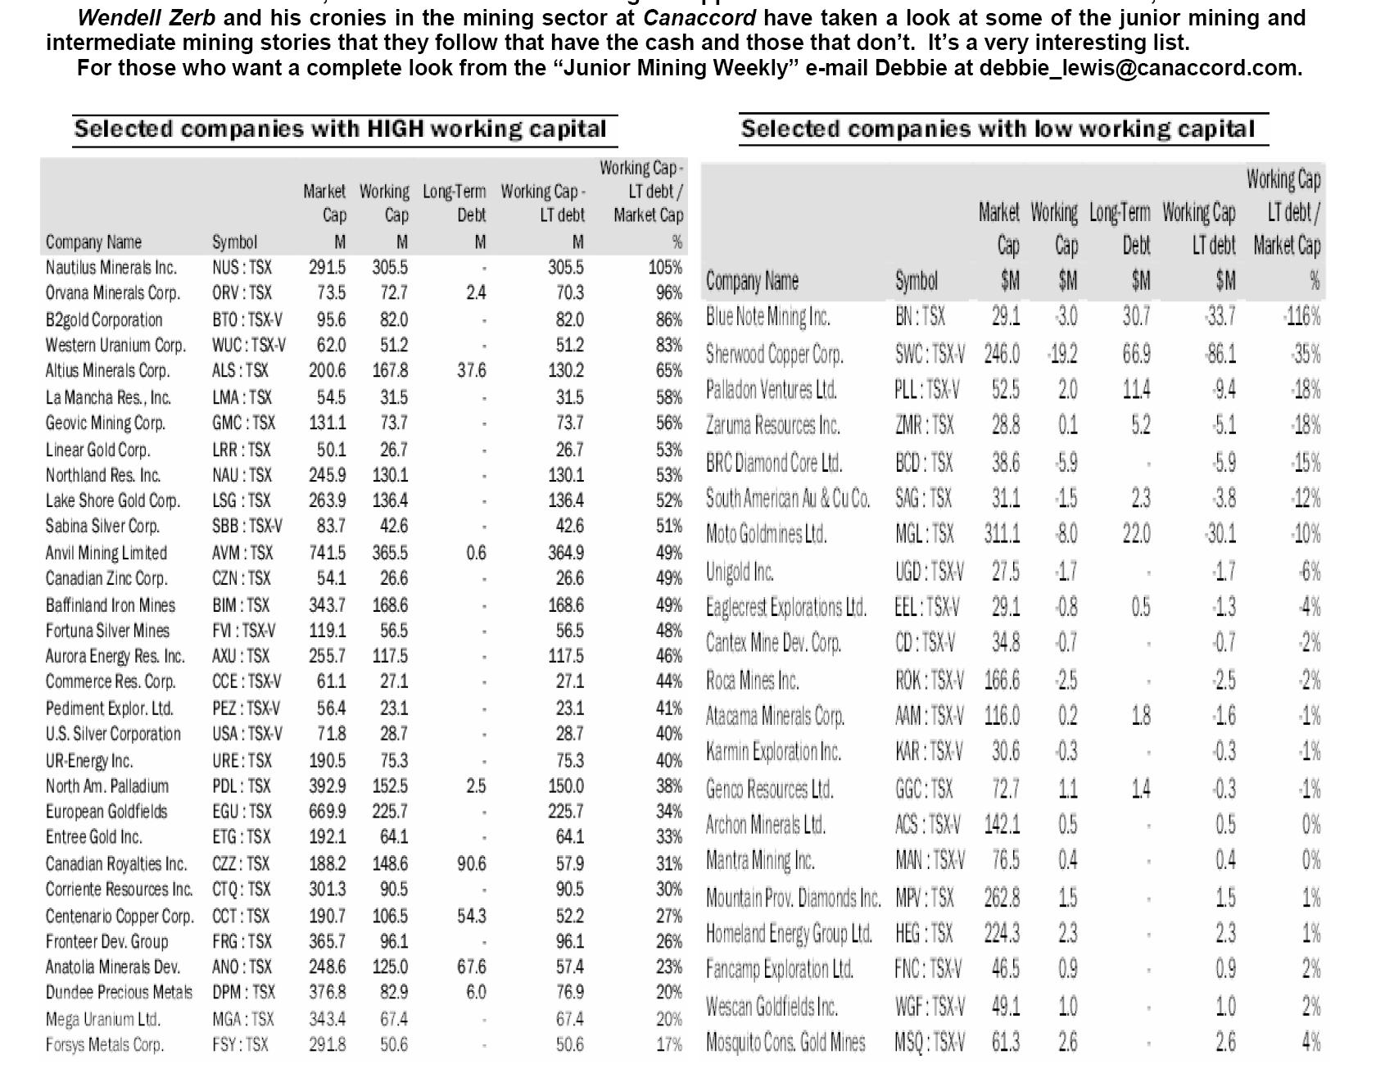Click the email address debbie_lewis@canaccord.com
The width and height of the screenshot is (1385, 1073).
pyautogui.click(x=1140, y=68)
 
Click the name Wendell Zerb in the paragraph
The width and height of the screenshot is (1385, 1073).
pyautogui.click(x=147, y=17)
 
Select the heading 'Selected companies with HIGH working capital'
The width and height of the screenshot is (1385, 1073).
pyautogui.click(x=340, y=129)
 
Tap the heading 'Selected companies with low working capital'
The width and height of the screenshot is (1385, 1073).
pyautogui.click(x=997, y=129)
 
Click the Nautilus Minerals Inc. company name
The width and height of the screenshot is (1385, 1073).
pyautogui.click(x=111, y=268)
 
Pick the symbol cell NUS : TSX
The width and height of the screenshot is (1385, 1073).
pyautogui.click(x=242, y=268)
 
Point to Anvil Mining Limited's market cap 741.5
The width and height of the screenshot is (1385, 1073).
pyautogui.click(x=327, y=553)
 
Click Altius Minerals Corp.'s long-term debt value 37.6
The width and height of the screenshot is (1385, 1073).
pyautogui.click(x=471, y=370)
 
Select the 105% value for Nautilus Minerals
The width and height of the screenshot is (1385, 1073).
pyautogui.click(x=665, y=268)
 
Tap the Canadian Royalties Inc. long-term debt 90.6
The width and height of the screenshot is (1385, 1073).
pyautogui.click(x=471, y=863)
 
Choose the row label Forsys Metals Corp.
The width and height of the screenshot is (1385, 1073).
pyautogui.click(x=104, y=1045)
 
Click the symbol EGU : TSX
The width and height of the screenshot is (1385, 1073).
pyautogui.click(x=242, y=812)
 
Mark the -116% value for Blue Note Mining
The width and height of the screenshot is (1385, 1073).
pyautogui.click(x=1301, y=317)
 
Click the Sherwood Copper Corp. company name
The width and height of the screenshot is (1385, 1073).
pyautogui.click(x=774, y=355)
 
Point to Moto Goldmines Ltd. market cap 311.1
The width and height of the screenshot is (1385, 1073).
pyautogui.click(x=1002, y=534)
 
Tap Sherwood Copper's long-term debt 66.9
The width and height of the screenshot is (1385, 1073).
pyautogui.click(x=1136, y=355)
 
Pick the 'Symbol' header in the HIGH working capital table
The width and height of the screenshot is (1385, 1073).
pyautogui.click(x=234, y=242)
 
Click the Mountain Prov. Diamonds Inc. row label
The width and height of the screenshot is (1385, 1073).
pyautogui.click(x=793, y=899)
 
